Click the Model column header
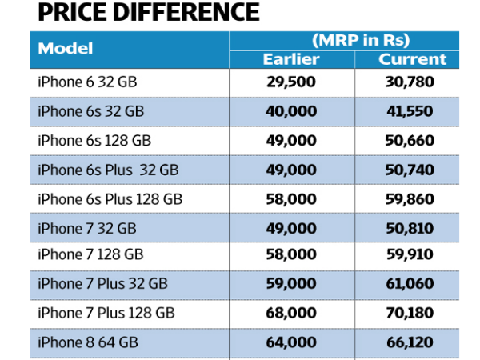[x=66, y=49]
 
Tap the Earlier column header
[x=291, y=59]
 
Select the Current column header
[x=413, y=59]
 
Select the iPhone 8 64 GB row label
[x=88, y=342]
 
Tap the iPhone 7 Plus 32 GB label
[x=102, y=284]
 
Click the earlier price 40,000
[x=291, y=111]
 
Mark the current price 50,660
[x=413, y=140]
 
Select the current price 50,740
[x=413, y=169]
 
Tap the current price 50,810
[x=413, y=227]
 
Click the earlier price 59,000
[x=291, y=284]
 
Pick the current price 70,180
[x=413, y=313]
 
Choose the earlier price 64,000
[x=291, y=342]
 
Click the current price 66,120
[x=413, y=342]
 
